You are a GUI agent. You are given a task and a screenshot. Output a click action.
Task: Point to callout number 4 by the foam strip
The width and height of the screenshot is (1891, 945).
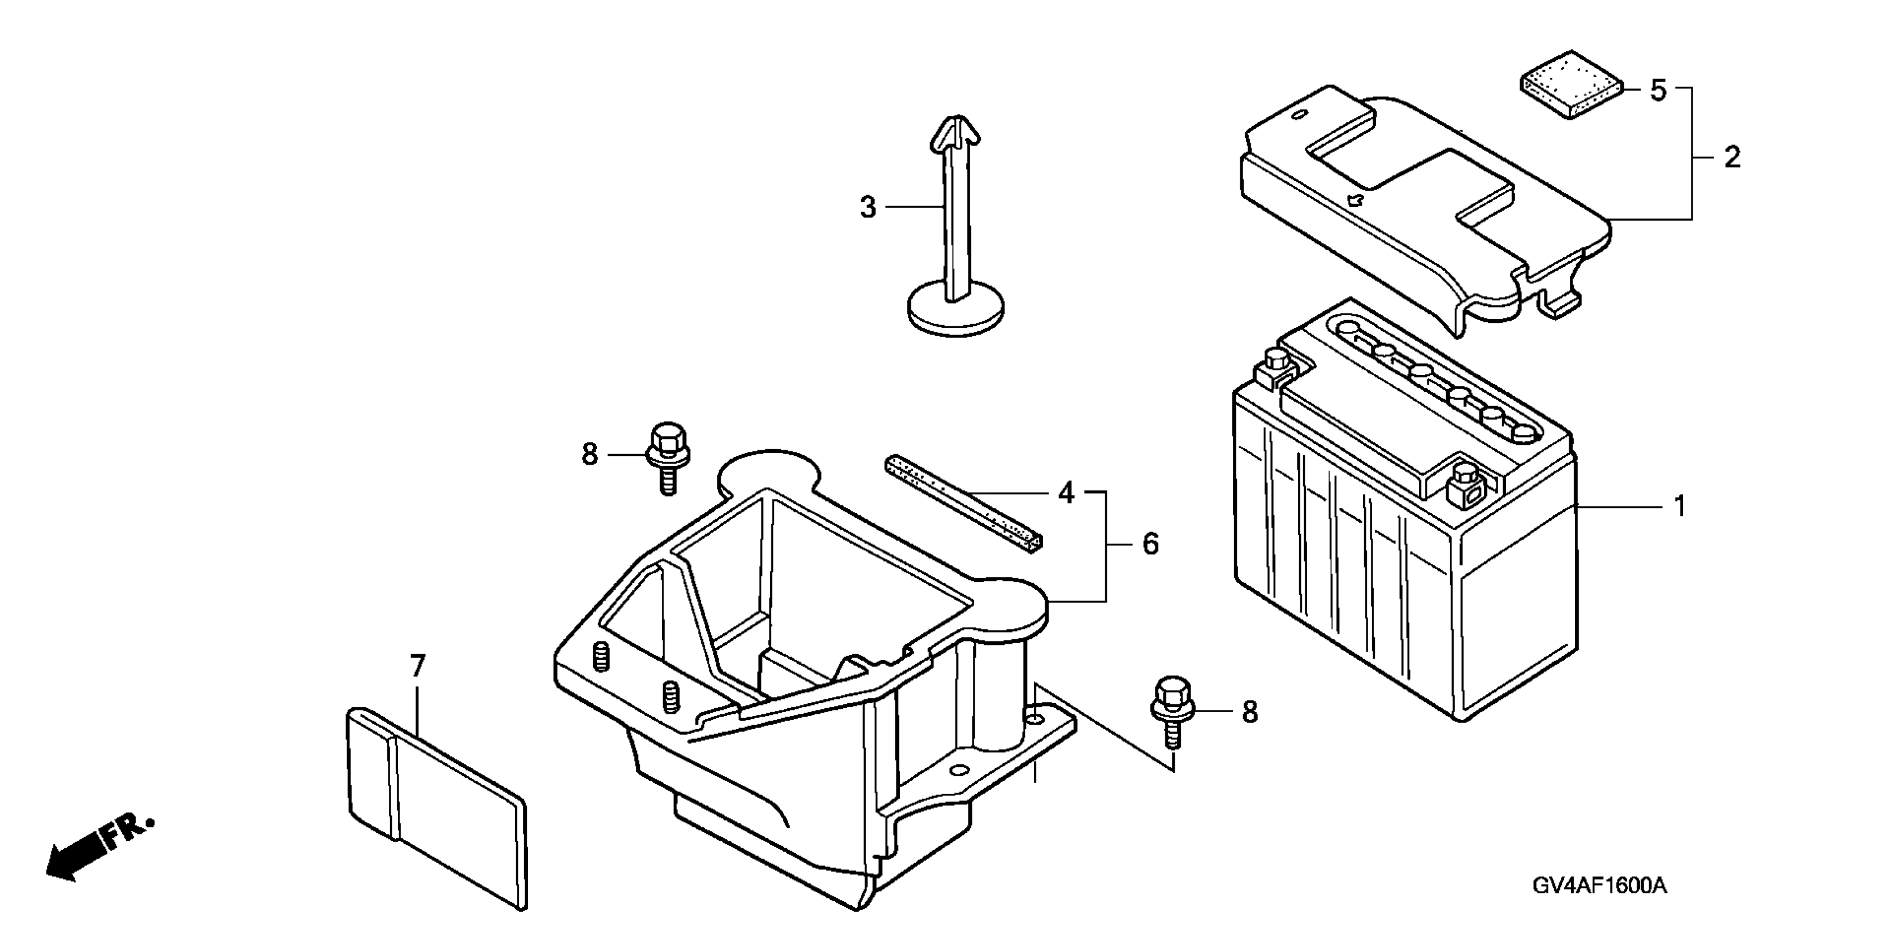pyautogui.click(x=1066, y=493)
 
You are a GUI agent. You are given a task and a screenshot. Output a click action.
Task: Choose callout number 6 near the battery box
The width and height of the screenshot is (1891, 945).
pyautogui.click(x=1150, y=544)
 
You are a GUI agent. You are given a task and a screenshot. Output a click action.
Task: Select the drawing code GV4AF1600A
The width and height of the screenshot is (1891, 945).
pyautogui.click(x=1600, y=886)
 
